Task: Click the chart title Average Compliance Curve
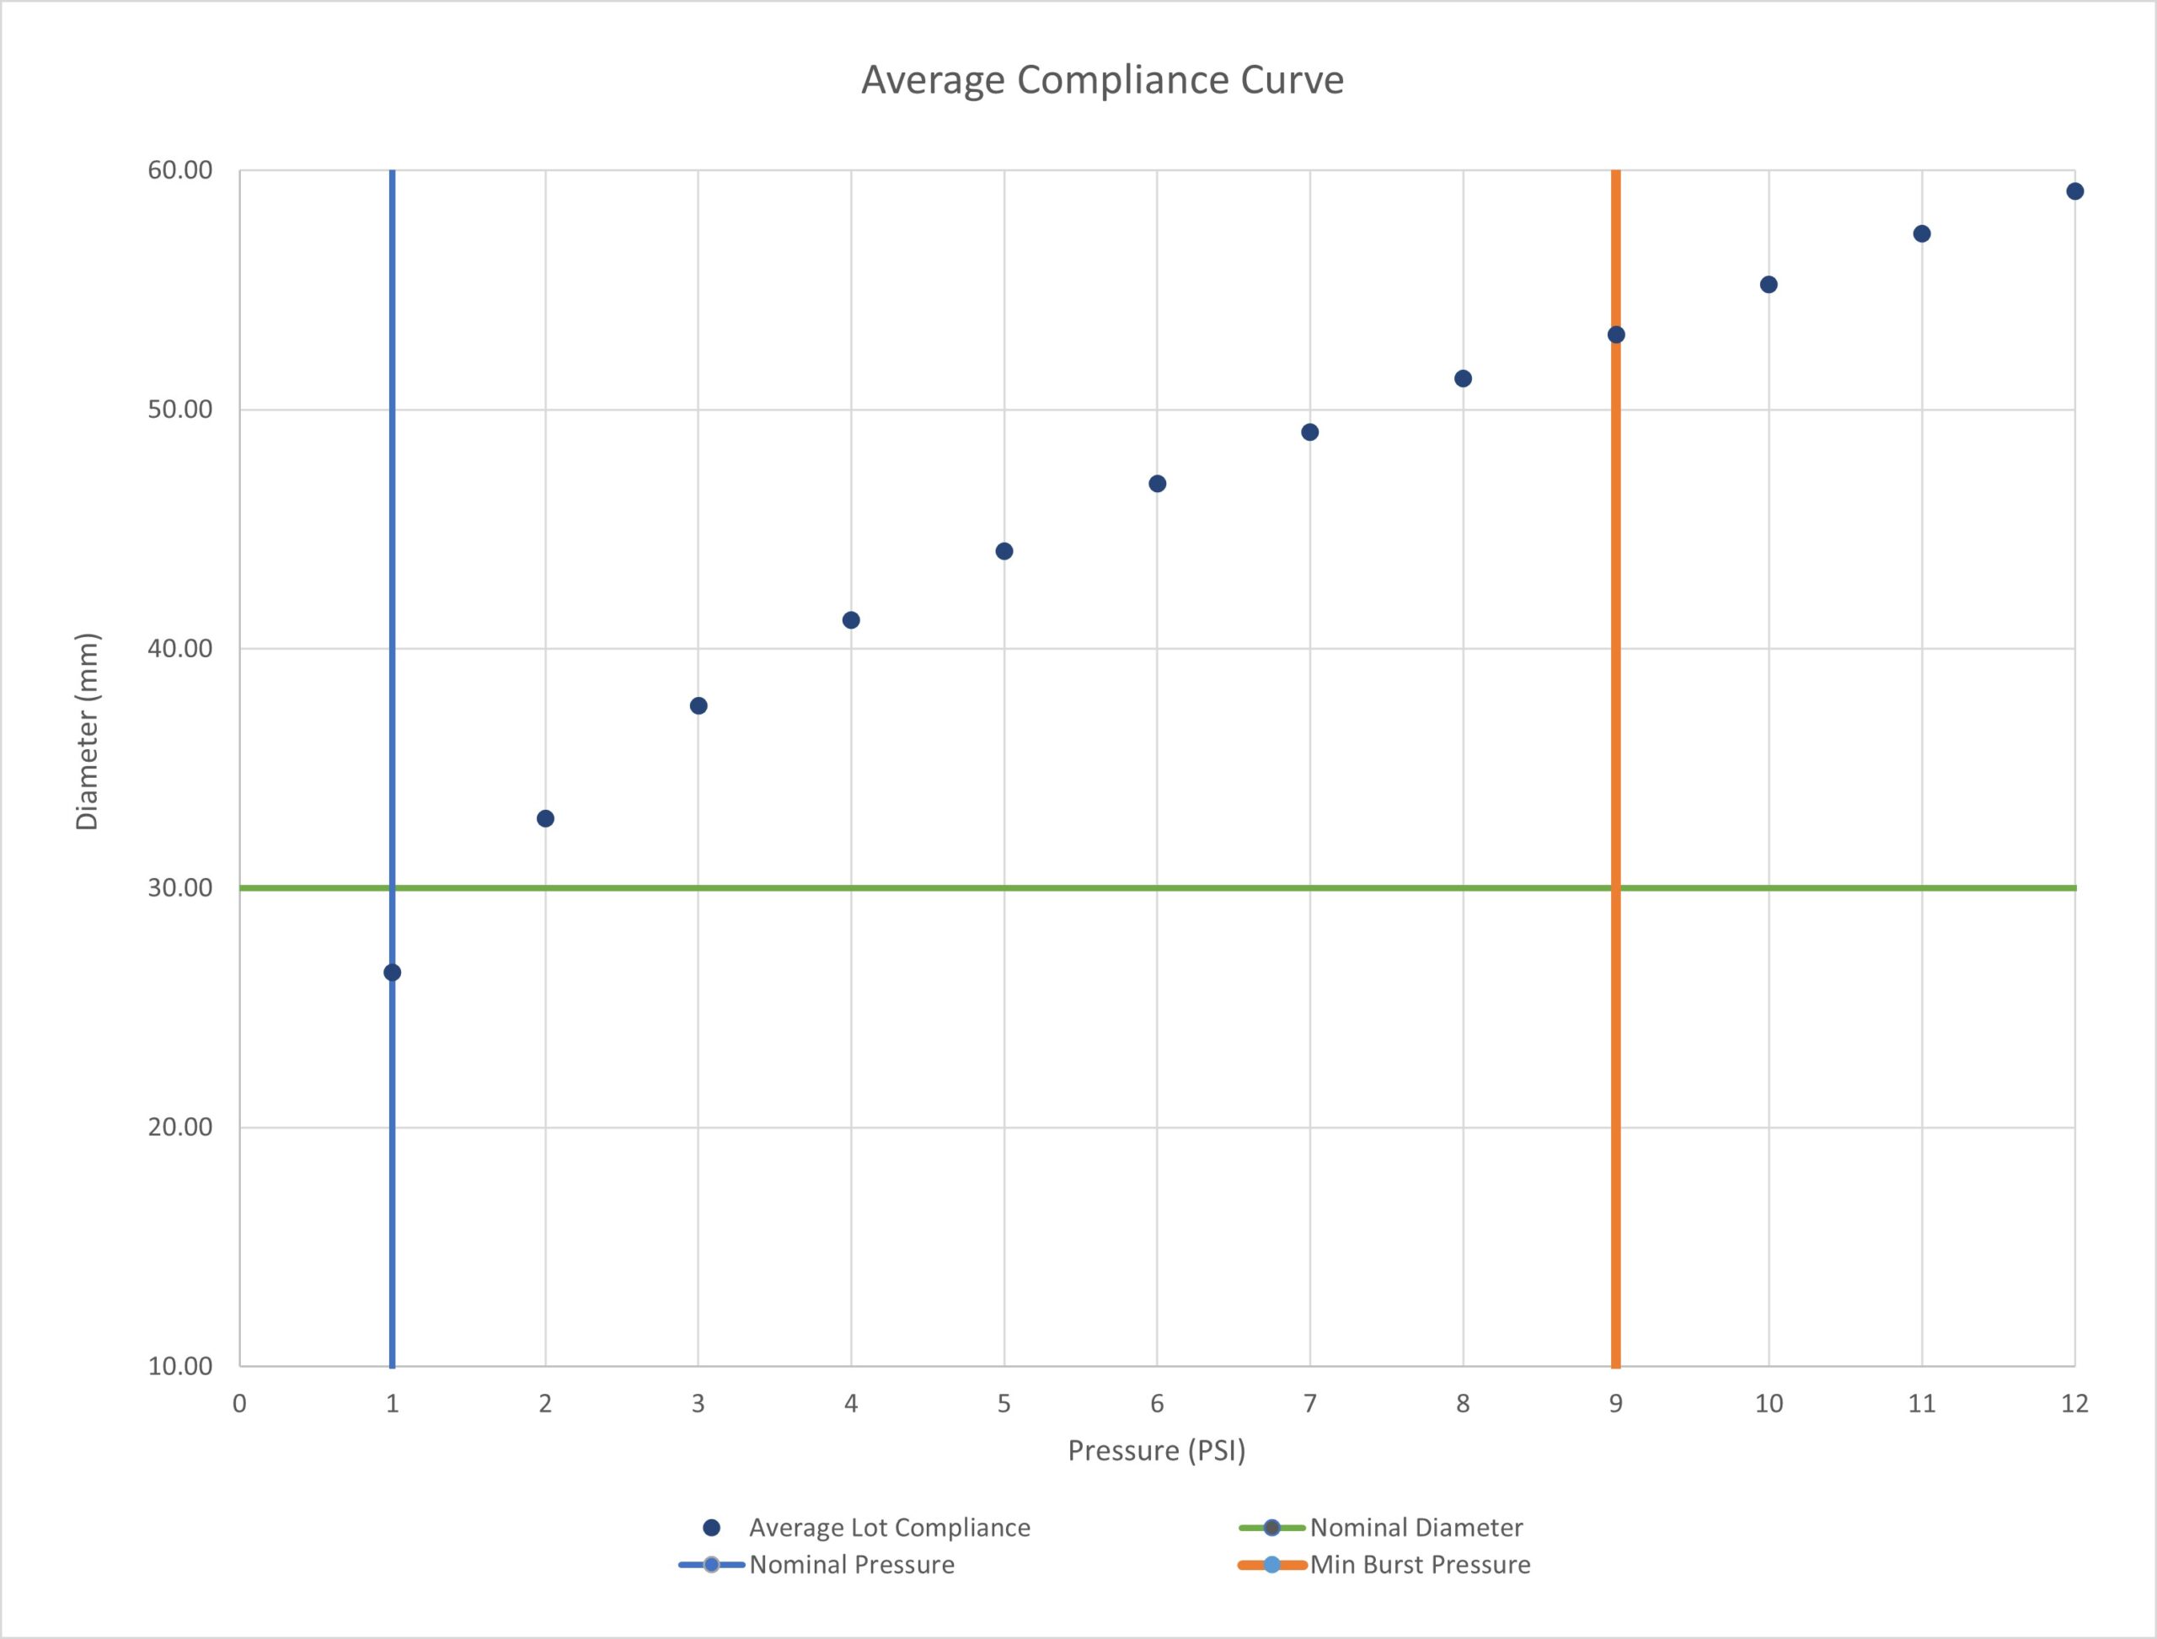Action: (x=1101, y=80)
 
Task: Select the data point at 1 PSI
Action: (x=392, y=972)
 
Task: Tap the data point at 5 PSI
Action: (x=1004, y=551)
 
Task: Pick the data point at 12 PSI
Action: (x=2074, y=191)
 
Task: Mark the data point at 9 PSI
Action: (x=1615, y=335)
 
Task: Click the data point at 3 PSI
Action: (x=698, y=705)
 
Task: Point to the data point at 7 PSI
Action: (x=1310, y=432)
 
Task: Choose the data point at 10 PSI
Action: (x=1769, y=285)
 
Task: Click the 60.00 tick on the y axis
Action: (x=180, y=171)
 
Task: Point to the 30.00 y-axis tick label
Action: (x=180, y=888)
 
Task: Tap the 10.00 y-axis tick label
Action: (x=180, y=1366)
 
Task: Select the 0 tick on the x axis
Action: (x=240, y=1404)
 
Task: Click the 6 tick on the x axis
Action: (x=1157, y=1404)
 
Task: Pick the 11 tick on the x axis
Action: (x=1922, y=1404)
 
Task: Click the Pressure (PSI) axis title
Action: (x=1157, y=1451)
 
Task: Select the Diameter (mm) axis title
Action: (x=88, y=731)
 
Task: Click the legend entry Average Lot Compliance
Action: (x=889, y=1528)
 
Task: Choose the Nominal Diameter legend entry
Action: (x=1416, y=1528)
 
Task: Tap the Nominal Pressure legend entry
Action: (x=852, y=1565)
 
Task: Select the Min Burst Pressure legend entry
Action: (x=1420, y=1565)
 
